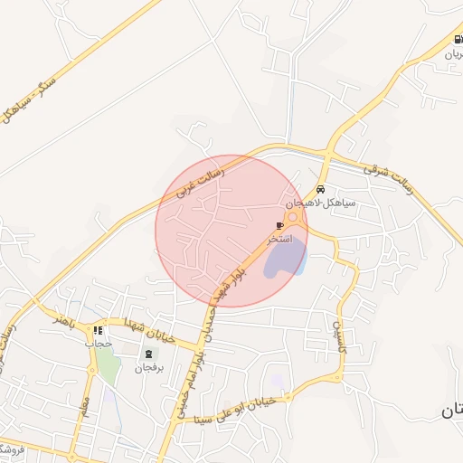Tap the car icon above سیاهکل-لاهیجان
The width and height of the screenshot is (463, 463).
321,190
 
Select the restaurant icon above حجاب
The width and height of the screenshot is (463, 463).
98,330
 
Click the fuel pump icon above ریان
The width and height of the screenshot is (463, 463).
457,39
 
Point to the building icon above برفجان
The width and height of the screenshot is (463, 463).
146,354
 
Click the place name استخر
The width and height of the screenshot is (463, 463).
279,240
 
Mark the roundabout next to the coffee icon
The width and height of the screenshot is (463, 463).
295,217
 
